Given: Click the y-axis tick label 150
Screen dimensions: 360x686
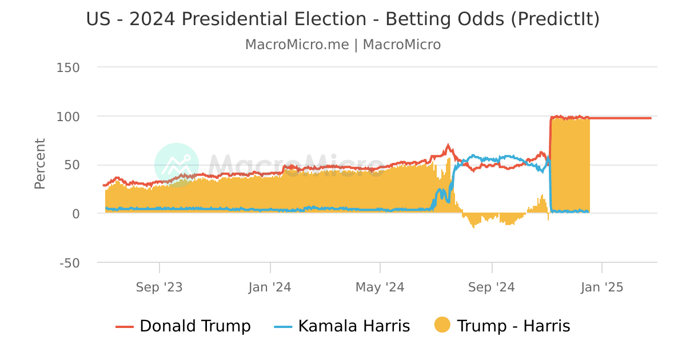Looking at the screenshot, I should tap(68, 67).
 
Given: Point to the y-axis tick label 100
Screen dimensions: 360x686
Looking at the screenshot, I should tap(68, 116).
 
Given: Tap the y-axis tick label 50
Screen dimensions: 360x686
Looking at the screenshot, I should tap(72, 165).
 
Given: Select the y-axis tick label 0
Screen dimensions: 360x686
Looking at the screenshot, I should tap(76, 214).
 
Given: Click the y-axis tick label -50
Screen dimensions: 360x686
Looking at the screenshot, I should tap(70, 263).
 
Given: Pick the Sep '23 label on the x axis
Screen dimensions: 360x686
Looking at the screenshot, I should tap(159, 287).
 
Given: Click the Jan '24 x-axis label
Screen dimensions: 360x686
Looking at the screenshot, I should tap(270, 287).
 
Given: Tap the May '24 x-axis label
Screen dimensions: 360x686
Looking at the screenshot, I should tap(380, 287).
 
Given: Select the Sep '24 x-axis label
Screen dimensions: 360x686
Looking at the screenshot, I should tap(492, 287).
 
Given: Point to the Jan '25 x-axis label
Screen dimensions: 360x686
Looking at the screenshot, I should tap(601, 287).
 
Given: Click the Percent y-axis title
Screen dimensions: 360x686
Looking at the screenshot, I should tap(40, 164).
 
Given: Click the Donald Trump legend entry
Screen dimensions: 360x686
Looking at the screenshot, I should tap(183, 326).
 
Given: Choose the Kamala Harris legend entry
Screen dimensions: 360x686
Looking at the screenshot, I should tap(342, 326).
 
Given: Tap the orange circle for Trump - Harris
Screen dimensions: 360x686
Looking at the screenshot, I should tap(442, 326).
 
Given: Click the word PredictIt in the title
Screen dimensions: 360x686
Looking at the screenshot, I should tap(554, 19).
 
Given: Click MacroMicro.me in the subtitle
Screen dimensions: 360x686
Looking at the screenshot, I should tap(297, 45).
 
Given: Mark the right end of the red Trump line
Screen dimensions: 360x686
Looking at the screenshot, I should tap(651, 118).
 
